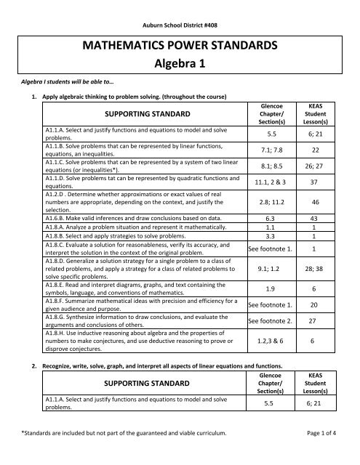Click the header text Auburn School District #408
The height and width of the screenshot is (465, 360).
click(x=180, y=15)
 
